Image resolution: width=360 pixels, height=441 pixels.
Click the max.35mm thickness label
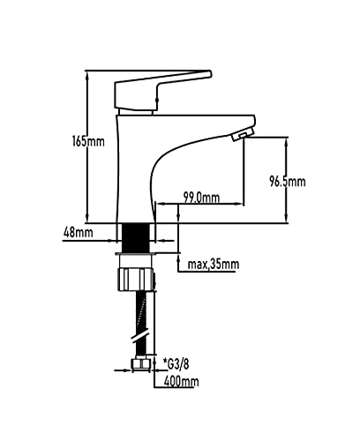pos(214,264)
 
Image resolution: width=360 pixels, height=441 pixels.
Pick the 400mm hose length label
pos(180,381)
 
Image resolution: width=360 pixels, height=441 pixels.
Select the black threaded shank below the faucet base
pos(137,235)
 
